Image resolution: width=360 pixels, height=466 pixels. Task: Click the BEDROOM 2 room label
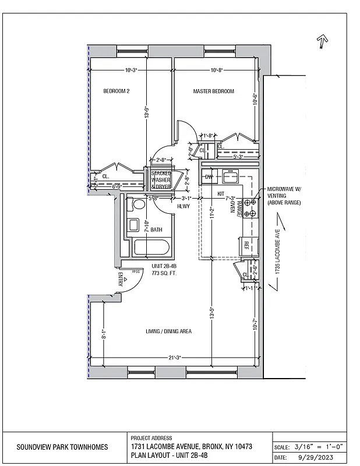pyautogui.click(x=116, y=91)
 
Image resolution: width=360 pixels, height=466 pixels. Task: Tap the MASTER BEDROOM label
pyautogui.click(x=213, y=91)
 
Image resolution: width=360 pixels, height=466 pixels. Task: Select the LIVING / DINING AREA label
pyautogui.click(x=168, y=331)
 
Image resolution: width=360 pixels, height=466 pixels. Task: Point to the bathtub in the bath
pyautogui.click(x=151, y=248)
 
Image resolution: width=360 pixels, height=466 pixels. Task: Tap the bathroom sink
pyautogui.click(x=133, y=226)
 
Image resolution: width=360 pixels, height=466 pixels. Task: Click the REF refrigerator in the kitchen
pyautogui.click(x=246, y=245)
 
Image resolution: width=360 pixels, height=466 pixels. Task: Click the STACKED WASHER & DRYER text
pyautogui.click(x=161, y=179)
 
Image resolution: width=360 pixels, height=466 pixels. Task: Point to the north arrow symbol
pyautogui.click(x=320, y=41)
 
